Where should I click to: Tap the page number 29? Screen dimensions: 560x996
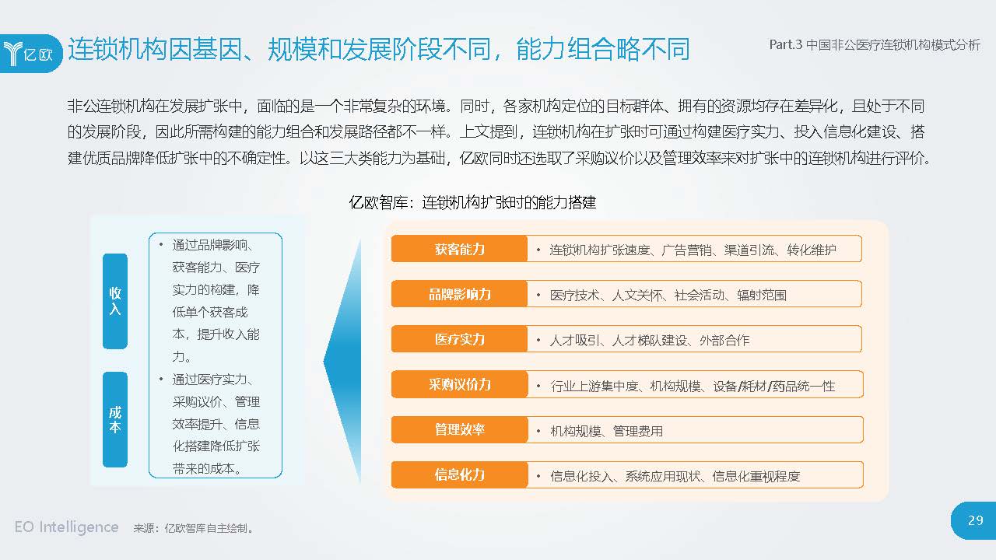click(975, 521)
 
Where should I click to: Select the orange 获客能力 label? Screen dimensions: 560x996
click(459, 249)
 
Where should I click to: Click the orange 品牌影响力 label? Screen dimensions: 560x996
click(459, 294)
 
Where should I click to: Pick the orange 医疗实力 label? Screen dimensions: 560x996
click(459, 339)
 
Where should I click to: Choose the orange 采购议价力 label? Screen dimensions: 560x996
click(459, 384)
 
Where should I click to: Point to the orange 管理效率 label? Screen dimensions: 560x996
click(459, 429)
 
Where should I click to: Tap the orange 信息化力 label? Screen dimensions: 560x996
click(459, 474)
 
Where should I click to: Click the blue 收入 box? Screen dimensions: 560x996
click(115, 300)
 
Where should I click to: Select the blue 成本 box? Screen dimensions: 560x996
click(115, 419)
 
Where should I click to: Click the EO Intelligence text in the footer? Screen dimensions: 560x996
click(66, 527)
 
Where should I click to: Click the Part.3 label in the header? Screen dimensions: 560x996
click(785, 45)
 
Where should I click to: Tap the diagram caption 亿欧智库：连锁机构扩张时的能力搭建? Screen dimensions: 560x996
click(472, 202)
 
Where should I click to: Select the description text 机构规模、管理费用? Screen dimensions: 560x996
click(606, 431)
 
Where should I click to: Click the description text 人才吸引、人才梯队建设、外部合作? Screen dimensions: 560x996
click(649, 341)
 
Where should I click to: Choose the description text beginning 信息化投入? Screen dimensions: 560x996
click(674, 476)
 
